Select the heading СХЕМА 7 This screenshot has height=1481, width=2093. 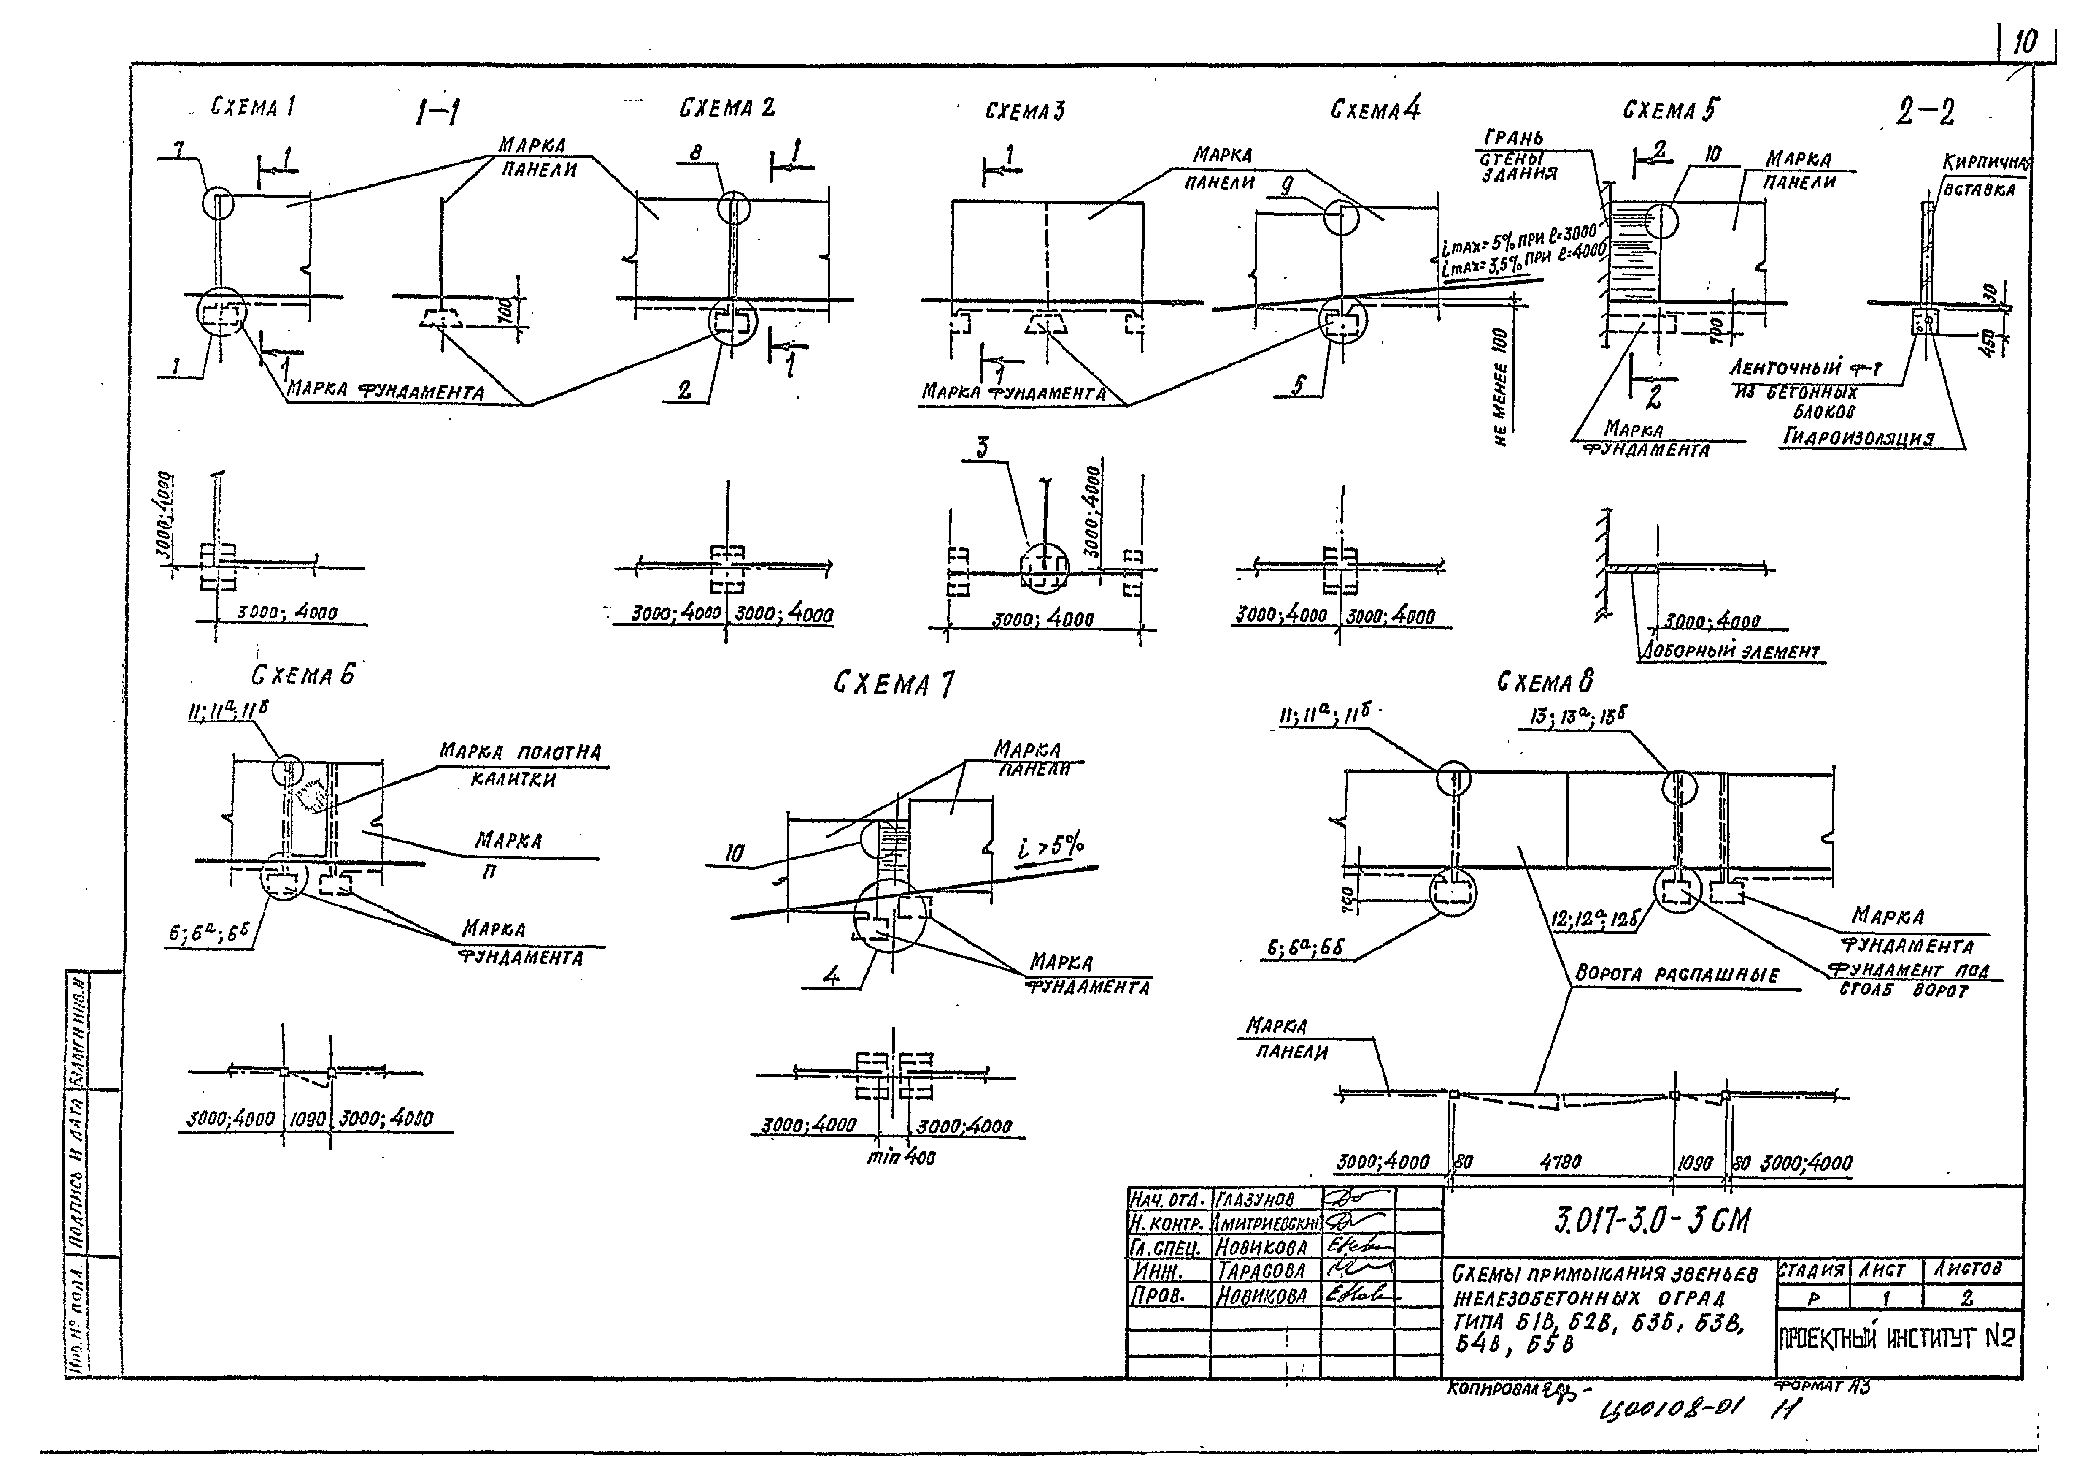pyautogui.click(x=894, y=684)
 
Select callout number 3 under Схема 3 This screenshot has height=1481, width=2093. pyautogui.click(x=983, y=447)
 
